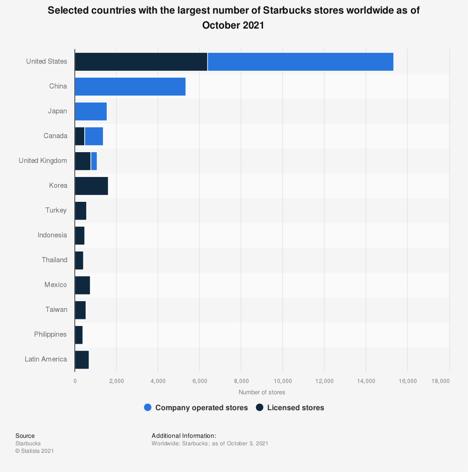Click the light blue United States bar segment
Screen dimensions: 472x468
click(300, 62)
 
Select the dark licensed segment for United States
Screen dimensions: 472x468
click(141, 62)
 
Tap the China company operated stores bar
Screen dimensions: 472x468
click(130, 87)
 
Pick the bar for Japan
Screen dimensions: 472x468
click(91, 111)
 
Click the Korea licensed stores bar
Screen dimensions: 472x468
click(91, 186)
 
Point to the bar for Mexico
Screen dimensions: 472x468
click(82, 285)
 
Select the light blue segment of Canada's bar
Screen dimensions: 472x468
click(94, 136)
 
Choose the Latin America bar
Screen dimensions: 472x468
click(82, 360)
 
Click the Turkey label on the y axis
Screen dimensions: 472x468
click(56, 210)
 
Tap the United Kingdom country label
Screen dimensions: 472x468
click(43, 161)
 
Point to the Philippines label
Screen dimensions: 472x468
click(51, 334)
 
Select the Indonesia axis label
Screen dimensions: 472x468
click(52, 235)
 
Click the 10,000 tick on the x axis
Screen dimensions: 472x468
click(283, 381)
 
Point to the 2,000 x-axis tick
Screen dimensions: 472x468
click(116, 381)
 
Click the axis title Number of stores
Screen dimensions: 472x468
click(262, 392)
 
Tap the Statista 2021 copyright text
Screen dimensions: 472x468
click(35, 451)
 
